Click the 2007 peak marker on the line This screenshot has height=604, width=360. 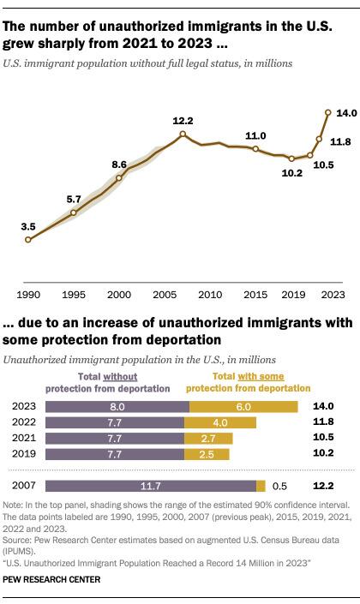183,134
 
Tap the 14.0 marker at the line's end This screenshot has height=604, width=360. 328,112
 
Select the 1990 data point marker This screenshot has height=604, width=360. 27,240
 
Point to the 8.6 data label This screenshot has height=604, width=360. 119,164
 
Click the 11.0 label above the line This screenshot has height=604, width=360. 256,135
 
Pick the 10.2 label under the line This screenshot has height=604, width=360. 291,173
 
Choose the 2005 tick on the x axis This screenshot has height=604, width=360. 165,295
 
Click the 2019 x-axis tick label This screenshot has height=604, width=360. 293,295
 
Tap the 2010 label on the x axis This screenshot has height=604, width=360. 210,295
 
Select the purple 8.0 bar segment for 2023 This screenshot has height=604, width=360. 117,407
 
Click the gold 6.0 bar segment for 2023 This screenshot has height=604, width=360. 243,407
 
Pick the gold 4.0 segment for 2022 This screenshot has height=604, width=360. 220,422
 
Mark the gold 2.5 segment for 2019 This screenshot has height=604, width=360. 207,454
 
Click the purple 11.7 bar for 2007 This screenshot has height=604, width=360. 151,486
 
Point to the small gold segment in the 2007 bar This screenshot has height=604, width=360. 261,486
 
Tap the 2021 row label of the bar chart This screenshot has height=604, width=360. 23,438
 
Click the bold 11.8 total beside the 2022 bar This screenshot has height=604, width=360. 323,422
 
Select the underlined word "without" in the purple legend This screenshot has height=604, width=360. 120,377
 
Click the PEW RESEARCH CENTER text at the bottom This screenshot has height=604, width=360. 51,579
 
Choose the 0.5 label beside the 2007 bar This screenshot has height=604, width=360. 279,486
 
